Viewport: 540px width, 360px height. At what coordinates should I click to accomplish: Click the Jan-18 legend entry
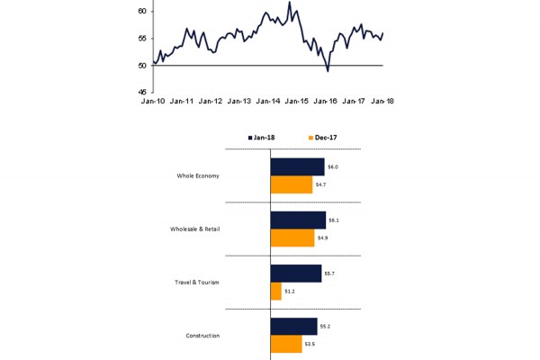[262, 137]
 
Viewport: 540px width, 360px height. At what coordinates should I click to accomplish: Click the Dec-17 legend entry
[321, 137]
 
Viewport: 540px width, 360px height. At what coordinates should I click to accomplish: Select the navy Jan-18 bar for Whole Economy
[297, 166]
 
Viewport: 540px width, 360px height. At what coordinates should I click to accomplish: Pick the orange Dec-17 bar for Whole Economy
[292, 184]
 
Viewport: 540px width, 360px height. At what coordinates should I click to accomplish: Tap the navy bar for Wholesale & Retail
[298, 220]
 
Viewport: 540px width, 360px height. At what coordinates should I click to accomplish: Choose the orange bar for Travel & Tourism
[275, 291]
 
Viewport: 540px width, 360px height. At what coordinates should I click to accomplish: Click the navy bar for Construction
[293, 326]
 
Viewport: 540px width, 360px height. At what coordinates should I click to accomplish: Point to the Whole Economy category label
[199, 175]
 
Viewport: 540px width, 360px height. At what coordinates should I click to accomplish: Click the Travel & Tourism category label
[196, 282]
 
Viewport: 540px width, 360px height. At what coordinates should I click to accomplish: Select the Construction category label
[202, 336]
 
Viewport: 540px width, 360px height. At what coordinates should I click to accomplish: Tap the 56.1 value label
[333, 220]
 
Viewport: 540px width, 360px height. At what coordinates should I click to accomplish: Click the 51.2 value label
[289, 291]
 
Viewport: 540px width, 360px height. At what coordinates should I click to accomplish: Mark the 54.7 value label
[319, 184]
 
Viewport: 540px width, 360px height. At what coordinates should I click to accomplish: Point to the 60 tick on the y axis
[142, 11]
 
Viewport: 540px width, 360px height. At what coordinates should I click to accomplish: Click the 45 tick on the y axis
[142, 92]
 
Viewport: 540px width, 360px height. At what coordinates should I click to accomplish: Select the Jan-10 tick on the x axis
[154, 101]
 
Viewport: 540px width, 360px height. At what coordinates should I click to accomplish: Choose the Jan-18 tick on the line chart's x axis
[382, 101]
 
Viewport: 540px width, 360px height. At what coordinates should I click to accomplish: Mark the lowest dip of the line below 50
[328, 70]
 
